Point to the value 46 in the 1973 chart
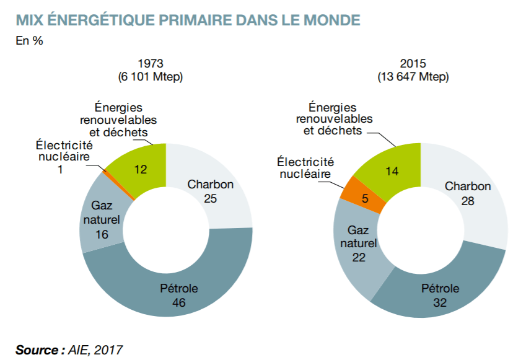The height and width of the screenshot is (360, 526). [x=179, y=304]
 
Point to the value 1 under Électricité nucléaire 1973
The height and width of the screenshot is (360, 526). [x=60, y=169]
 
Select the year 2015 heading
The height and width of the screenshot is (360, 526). [x=413, y=64]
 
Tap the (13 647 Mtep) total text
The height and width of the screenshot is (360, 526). [x=413, y=77]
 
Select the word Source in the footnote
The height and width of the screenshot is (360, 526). [x=38, y=349]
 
